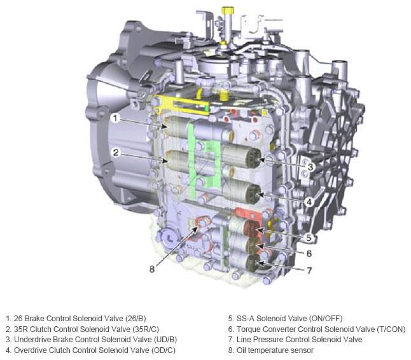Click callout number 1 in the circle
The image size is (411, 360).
click(115, 118)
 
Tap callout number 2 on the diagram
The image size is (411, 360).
click(116, 153)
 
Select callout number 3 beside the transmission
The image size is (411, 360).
click(310, 167)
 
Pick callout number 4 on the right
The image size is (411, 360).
click(309, 202)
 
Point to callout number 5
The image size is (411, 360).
click(309, 237)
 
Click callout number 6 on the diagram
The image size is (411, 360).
click(309, 253)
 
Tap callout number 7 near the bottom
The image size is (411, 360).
click(309, 270)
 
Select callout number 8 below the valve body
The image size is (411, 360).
click(152, 269)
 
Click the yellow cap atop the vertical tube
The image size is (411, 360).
click(228, 11)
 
